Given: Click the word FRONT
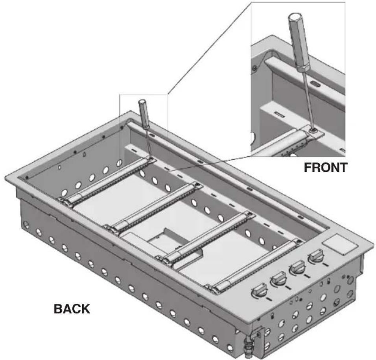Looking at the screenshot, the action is [325, 167].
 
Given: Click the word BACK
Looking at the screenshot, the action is [72, 309].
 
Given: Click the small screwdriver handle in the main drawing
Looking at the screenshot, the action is [144, 114].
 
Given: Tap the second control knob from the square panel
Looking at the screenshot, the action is [298, 268].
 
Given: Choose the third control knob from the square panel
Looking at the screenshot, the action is [278, 279].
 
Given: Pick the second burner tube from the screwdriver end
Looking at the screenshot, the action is [154, 208].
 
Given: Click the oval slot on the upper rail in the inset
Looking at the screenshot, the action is [314, 83].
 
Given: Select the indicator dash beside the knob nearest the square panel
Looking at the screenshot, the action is [325, 264].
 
